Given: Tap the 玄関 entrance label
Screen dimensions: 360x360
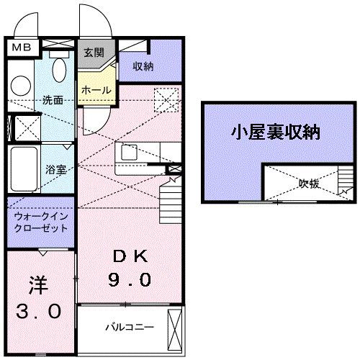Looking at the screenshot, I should [94, 53].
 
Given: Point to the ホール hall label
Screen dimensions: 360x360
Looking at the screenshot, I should [95, 90].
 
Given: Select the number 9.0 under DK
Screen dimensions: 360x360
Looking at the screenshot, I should [130, 279].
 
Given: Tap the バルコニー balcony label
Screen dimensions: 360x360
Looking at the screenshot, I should [130, 327].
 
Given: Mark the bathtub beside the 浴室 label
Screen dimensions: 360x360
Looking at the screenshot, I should [23, 169].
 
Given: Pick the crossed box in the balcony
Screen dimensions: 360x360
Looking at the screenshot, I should [175, 328].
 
